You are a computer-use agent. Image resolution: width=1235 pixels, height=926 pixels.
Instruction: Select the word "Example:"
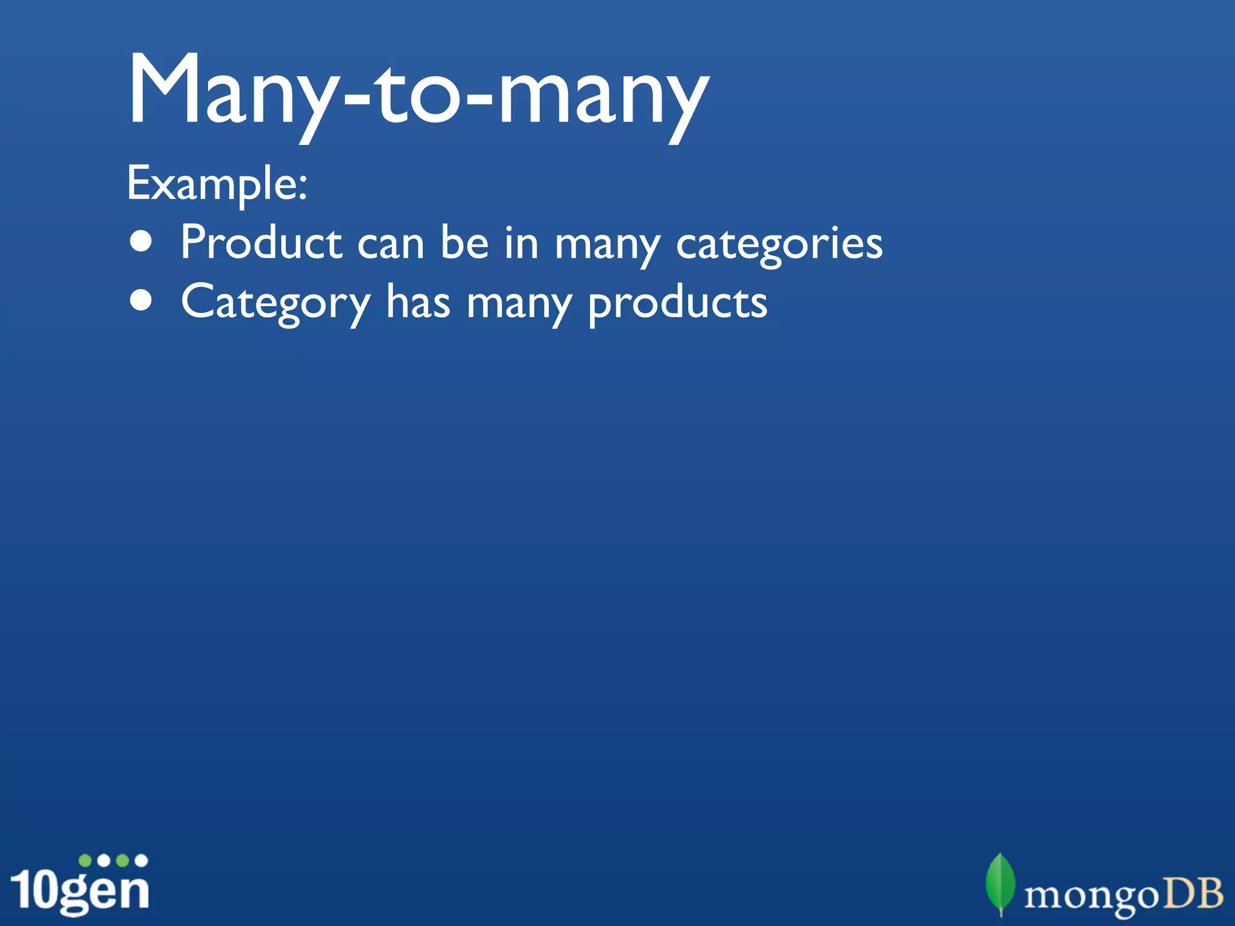tap(217, 184)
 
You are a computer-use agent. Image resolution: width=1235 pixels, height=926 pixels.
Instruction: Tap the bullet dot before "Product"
tap(141, 242)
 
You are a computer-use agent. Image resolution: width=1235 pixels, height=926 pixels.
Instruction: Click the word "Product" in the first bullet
tap(261, 242)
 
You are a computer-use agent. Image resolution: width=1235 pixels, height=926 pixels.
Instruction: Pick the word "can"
tap(391, 244)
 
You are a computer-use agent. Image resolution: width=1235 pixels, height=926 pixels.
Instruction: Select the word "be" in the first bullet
tap(464, 242)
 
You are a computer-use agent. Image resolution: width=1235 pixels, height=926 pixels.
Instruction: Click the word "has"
tap(418, 301)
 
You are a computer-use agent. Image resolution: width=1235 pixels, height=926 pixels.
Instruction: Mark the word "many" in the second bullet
tap(519, 305)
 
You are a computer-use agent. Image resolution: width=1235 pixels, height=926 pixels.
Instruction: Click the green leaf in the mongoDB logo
tap(1000, 883)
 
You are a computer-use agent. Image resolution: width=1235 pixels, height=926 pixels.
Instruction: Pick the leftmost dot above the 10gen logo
tap(86, 860)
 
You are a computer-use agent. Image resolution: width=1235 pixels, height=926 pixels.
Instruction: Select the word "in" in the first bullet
tap(522, 242)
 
